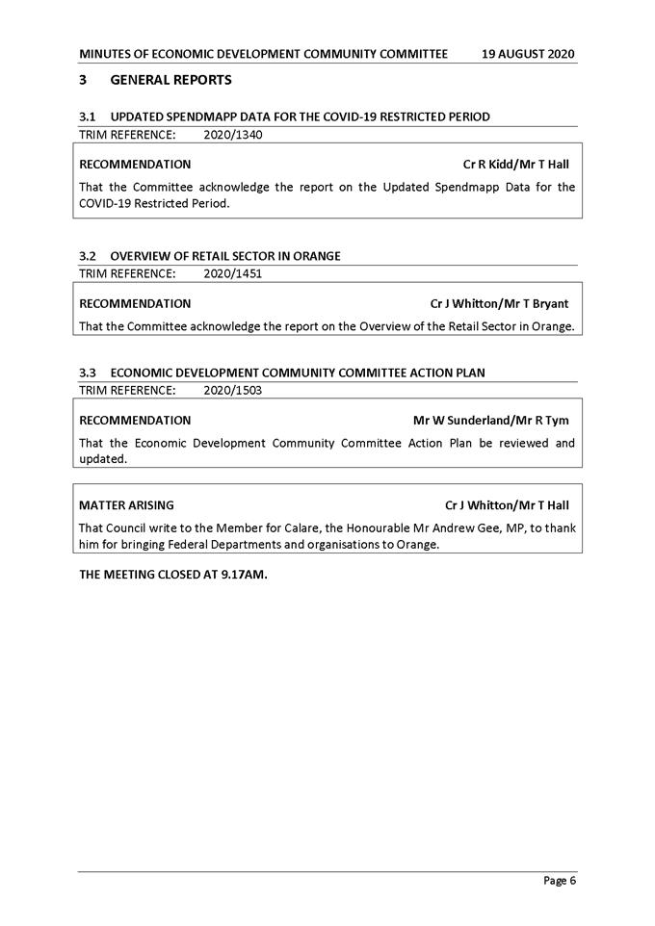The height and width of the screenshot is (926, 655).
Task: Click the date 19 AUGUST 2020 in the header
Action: tap(529, 54)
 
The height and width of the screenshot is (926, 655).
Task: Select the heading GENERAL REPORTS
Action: tap(170, 79)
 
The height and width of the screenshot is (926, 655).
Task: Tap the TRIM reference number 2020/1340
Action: tap(233, 135)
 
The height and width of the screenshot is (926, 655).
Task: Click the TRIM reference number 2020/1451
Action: tap(233, 273)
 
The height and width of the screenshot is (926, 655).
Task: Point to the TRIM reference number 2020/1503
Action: tap(233, 390)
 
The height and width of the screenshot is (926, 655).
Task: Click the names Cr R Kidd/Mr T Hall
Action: tap(515, 165)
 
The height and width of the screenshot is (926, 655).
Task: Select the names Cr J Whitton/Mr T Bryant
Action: tap(499, 303)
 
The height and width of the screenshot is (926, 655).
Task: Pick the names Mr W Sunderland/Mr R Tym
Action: tap(490, 420)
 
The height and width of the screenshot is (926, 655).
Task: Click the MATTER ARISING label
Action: tap(126, 504)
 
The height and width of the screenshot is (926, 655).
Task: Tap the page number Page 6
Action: tap(560, 880)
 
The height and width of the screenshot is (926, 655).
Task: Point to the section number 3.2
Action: tap(88, 256)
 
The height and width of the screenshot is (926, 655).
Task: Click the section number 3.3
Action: tap(88, 373)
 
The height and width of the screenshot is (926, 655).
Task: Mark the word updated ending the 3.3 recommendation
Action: tap(102, 458)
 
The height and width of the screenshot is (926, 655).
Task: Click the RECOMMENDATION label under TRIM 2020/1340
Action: tap(135, 165)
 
